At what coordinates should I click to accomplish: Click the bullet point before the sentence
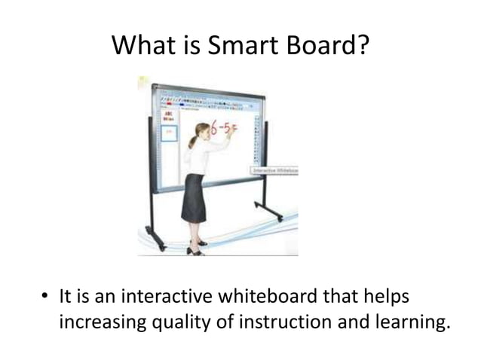44,296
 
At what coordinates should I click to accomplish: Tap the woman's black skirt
194,198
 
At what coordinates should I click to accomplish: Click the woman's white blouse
198,159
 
